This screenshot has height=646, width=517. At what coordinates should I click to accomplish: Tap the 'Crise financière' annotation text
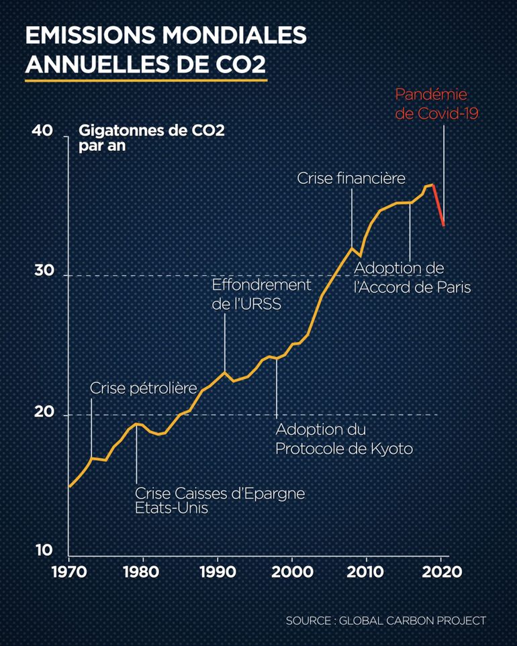(x=351, y=178)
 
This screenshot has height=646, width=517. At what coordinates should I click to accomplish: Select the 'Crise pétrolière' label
(x=143, y=388)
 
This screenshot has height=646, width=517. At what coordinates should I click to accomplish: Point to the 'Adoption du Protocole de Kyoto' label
(x=344, y=439)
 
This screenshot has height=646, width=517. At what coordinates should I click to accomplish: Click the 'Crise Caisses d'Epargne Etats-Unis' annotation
(x=220, y=500)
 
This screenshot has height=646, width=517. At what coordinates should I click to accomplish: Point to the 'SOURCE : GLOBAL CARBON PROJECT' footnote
(x=385, y=621)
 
